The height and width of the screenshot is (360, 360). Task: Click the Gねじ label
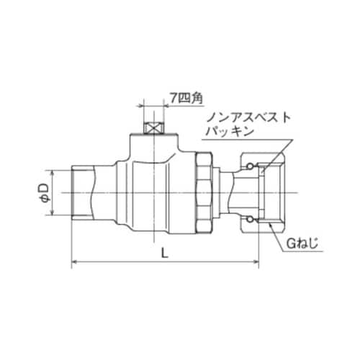pyautogui.click(x=300, y=246)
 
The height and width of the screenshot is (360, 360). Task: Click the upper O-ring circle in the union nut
pyautogui.click(x=249, y=167)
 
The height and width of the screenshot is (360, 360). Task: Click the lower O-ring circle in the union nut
pyautogui.click(x=249, y=218)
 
